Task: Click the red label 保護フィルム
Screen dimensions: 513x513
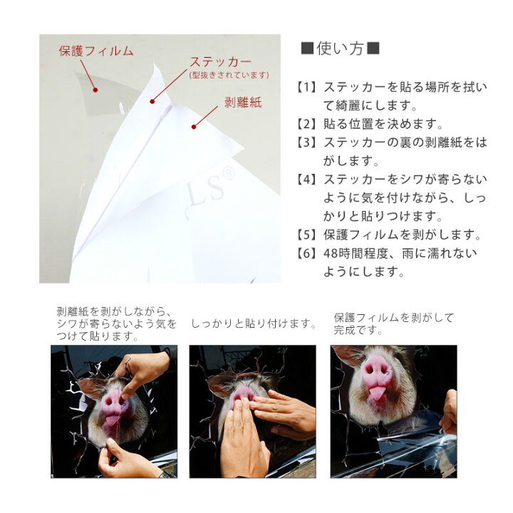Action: (x=96, y=51)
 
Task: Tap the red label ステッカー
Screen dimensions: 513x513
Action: (x=220, y=61)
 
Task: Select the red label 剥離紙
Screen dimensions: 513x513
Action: (x=243, y=103)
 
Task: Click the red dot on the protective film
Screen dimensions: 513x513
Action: (x=95, y=90)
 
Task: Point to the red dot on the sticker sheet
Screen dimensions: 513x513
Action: (x=152, y=101)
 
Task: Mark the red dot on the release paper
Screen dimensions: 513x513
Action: (x=194, y=127)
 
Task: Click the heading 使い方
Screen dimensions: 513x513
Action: (x=341, y=48)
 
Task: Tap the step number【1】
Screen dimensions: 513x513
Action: (x=306, y=88)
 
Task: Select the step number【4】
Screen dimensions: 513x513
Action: (x=306, y=180)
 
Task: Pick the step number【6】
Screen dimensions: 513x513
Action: (x=306, y=254)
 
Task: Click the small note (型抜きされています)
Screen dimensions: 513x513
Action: (x=229, y=76)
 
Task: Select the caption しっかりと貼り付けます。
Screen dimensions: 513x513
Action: (x=254, y=324)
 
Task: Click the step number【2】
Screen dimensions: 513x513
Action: (x=306, y=124)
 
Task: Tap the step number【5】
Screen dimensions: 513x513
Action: (x=306, y=235)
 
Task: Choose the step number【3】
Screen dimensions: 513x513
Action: (x=306, y=142)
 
